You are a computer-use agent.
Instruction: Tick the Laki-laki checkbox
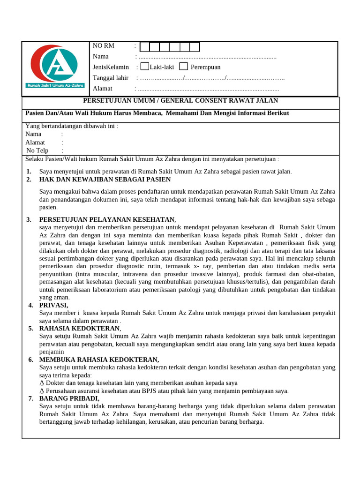point(144,67)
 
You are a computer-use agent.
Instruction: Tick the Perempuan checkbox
point(184,67)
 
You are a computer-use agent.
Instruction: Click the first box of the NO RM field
point(145,46)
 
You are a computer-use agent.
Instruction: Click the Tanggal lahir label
point(110,78)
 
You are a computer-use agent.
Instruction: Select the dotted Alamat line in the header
point(209,89)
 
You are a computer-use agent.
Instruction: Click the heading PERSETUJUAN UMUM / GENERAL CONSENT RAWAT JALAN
point(180,101)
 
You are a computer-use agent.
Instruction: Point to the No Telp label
point(37,150)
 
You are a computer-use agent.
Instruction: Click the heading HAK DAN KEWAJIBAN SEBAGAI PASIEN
point(105,180)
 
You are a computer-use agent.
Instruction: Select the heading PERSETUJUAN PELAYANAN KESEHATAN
point(107,219)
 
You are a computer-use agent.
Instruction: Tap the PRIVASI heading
point(54,305)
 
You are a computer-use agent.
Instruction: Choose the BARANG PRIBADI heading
point(69,398)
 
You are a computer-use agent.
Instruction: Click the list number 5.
point(30,329)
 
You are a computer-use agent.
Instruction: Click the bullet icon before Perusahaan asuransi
point(42,391)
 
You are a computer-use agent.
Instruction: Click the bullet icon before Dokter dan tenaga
point(42,383)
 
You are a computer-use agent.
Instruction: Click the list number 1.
point(29,172)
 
